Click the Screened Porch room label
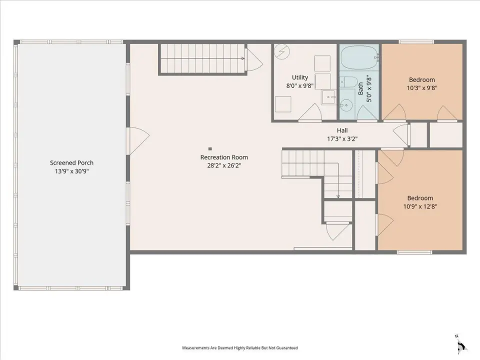click(71, 163)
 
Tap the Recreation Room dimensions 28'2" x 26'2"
click(224, 165)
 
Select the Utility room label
click(299, 77)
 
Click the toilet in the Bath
click(348, 81)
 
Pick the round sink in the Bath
click(346, 105)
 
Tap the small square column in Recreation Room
click(210, 149)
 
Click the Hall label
click(342, 130)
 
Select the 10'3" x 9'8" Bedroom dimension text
click(422, 88)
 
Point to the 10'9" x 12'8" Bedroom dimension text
click(420, 206)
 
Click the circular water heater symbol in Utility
click(281, 51)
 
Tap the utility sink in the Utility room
click(329, 97)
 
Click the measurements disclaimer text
click(240, 348)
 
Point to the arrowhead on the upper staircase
click(243, 58)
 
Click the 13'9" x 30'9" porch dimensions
click(71, 171)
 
